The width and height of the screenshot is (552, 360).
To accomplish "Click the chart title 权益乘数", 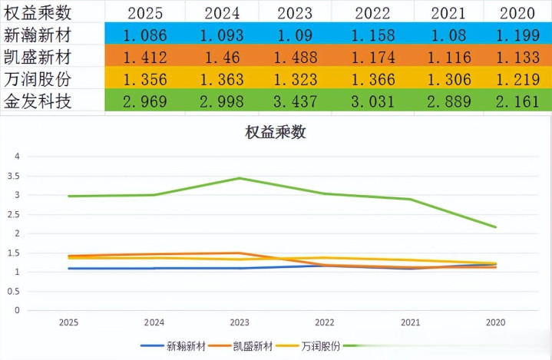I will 276,132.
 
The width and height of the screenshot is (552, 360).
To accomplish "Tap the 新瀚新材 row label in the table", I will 38,35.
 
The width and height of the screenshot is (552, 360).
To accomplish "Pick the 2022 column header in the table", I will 373,13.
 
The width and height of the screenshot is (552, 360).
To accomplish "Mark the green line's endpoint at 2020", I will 495,227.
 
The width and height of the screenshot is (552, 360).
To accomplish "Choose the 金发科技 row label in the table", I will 38,101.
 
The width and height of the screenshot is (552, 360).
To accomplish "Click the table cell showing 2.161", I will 517,101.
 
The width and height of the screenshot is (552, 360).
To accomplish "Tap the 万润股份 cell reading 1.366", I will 373,78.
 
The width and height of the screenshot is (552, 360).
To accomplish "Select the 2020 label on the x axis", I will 495,323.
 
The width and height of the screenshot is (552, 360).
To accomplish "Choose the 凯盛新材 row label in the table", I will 38,57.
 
